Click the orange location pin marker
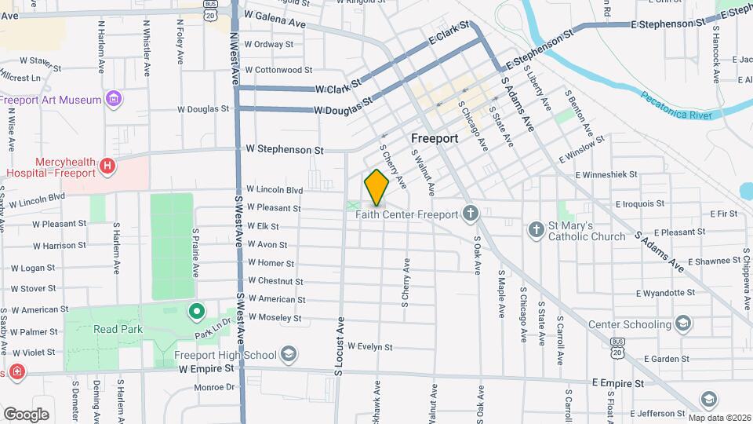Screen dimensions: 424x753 click(x=376, y=187)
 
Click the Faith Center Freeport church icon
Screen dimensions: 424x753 click(x=470, y=214)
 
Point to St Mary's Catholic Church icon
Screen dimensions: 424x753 click(x=536, y=230)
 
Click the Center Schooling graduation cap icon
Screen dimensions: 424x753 click(x=683, y=323)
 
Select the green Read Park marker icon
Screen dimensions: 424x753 click(x=196, y=312)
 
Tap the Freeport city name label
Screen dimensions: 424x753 click(x=435, y=138)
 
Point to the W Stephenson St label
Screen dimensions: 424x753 click(x=285, y=148)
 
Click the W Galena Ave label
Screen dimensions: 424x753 click(x=275, y=19)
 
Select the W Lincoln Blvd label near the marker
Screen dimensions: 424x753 click(x=274, y=189)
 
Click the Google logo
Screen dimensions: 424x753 click(x=26, y=414)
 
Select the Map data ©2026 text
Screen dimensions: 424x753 click(x=718, y=418)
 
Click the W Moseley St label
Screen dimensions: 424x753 click(x=275, y=318)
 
